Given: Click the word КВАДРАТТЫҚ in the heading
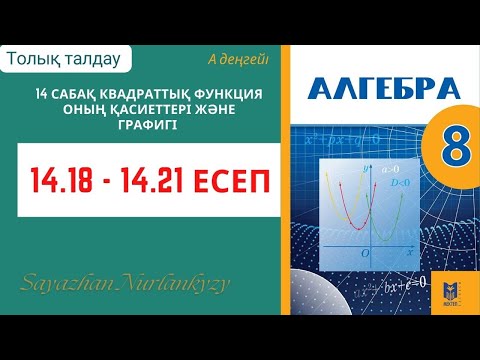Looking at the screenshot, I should pyautogui.click(x=149, y=93).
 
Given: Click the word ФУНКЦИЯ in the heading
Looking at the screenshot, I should pyautogui.click(x=229, y=93).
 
